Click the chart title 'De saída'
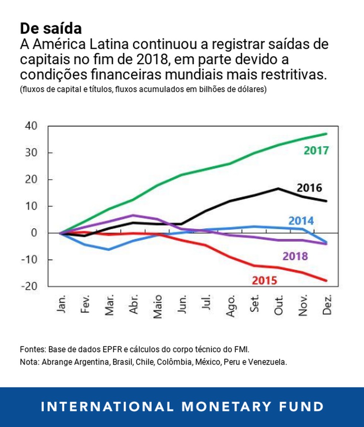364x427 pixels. click(x=51, y=28)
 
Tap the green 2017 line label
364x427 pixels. click(x=316, y=151)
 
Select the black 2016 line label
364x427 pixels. click(x=309, y=188)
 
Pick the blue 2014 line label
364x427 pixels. click(x=301, y=221)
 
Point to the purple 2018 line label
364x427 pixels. click(x=295, y=256)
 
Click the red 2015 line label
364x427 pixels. click(x=264, y=280)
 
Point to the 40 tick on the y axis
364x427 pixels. click(x=31, y=126)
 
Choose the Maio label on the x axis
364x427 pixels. click(x=158, y=306)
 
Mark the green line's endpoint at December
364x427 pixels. click(x=326, y=134)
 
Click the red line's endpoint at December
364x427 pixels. click(x=326, y=281)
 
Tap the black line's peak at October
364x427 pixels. click(x=278, y=188)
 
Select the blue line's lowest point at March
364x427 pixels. click(x=108, y=249)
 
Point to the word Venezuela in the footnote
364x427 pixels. click(x=270, y=362)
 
